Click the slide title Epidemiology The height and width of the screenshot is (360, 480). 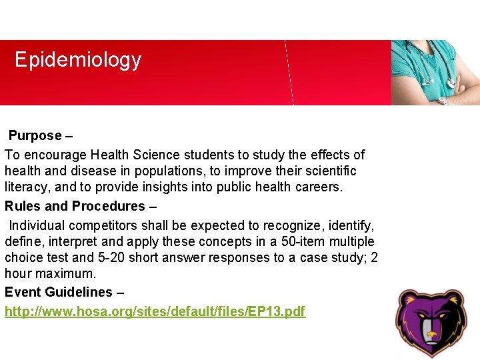tap(78, 60)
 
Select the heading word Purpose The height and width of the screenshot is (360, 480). tap(35, 136)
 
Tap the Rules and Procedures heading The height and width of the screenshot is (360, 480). tap(75, 206)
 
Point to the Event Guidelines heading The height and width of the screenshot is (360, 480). tap(59, 292)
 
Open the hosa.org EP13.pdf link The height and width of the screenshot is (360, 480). tap(155, 311)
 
